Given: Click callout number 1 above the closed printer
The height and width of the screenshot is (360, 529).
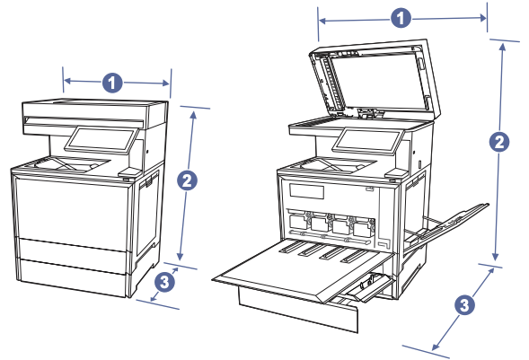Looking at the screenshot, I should (x=112, y=83).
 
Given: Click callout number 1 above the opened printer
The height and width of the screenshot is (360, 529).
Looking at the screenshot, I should (x=402, y=17).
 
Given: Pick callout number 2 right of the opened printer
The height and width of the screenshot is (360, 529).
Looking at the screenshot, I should (x=499, y=141).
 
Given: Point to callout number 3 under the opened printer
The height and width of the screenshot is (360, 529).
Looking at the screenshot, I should (x=463, y=305).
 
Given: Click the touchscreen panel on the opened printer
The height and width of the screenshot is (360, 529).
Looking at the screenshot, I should (x=366, y=141).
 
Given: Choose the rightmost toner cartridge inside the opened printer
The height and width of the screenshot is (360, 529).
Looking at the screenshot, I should (x=361, y=227).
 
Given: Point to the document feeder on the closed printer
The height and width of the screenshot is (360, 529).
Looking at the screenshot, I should (x=93, y=111).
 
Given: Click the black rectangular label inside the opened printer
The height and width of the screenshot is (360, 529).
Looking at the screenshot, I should (x=306, y=192).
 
